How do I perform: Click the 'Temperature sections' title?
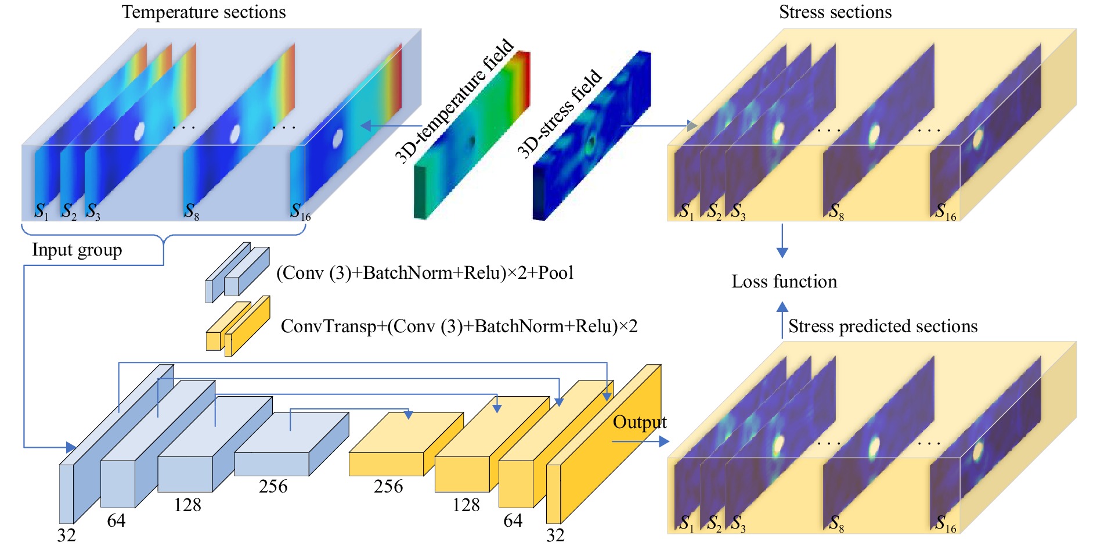tap(204, 12)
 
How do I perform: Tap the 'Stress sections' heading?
tap(835, 12)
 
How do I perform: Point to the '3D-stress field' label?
tap(560, 114)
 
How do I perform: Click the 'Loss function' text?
tap(784, 282)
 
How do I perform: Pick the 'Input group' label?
tap(77, 250)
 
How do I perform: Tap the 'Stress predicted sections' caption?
tap(883, 326)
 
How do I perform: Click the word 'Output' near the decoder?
tap(640, 422)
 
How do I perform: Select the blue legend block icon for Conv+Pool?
tap(237, 272)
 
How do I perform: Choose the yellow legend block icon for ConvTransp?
tap(238, 326)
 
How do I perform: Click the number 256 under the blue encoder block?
tap(273, 486)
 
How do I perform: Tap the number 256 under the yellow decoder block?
tap(388, 486)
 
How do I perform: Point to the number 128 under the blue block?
tap(187, 505)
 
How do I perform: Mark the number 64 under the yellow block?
tap(513, 520)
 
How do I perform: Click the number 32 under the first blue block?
tap(66, 535)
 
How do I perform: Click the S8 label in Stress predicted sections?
tap(836, 523)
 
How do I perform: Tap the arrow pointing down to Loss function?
tap(782, 240)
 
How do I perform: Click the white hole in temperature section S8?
tap(235, 134)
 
